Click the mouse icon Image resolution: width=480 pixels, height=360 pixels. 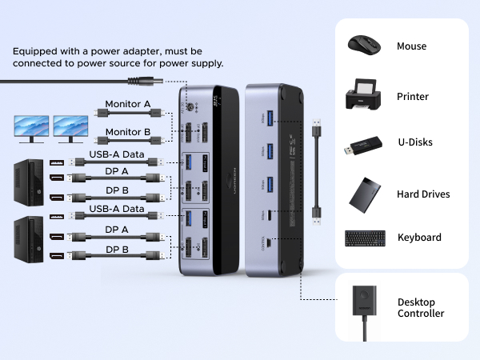[366, 46]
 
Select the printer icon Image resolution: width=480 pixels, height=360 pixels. [366, 96]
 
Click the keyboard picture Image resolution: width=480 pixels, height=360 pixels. [366, 238]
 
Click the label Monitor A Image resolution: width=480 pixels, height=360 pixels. [128, 104]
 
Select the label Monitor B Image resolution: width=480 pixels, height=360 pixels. [128, 133]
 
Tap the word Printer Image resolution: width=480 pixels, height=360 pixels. [413, 97]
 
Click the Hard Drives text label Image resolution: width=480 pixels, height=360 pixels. [423, 194]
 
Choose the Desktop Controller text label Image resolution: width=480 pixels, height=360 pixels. [421, 308]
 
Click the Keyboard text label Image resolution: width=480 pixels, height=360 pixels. [419, 238]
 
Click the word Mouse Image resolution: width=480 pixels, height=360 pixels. [411, 46]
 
